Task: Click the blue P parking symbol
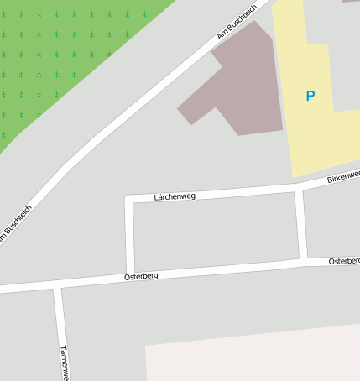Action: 310,97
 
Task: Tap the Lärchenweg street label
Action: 175,196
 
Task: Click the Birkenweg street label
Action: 343,177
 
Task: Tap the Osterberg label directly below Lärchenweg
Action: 141,275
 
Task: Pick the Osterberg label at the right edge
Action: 344,262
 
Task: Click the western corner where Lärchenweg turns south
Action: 129,200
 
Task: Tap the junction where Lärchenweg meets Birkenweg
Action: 299,190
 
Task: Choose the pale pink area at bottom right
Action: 252,357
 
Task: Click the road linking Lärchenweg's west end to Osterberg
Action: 130,239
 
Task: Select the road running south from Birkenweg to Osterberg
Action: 301,227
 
